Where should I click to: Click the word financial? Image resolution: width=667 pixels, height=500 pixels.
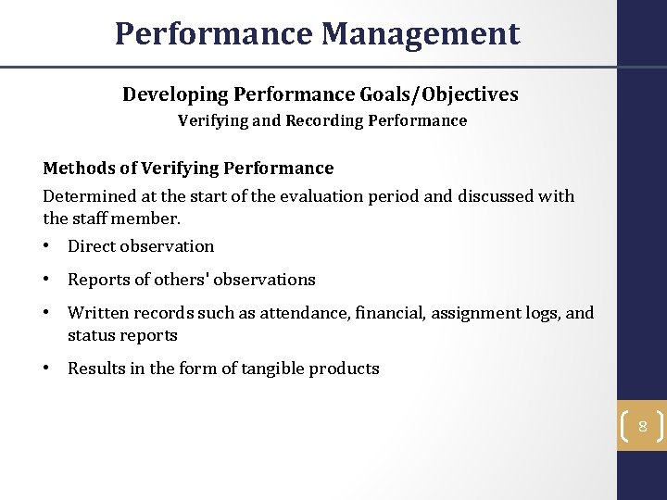coord(383,313)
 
